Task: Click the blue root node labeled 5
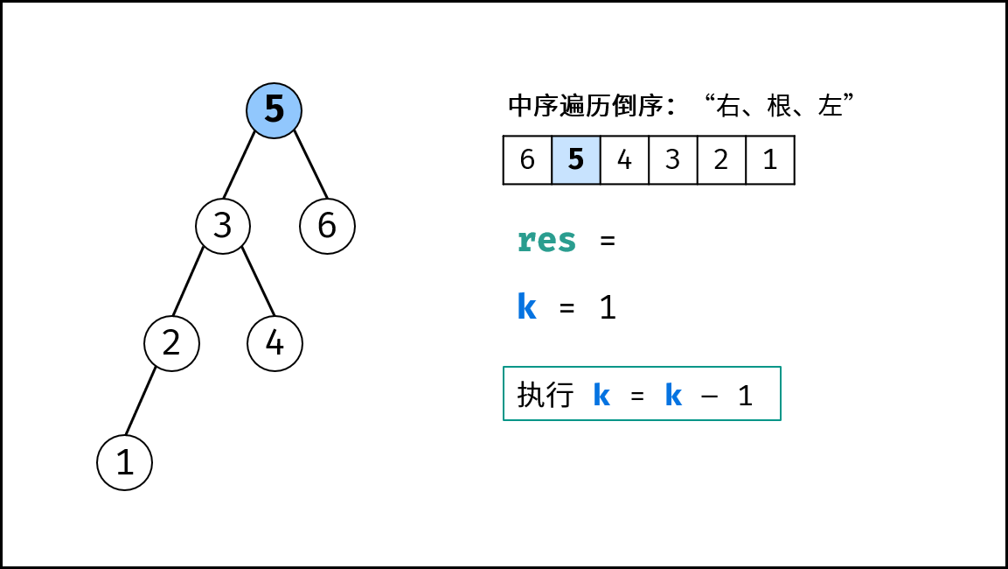point(274,110)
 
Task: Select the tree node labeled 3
point(222,226)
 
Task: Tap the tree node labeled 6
point(327,226)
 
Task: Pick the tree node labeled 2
point(171,344)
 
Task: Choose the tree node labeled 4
point(275,344)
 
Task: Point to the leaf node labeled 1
point(125,462)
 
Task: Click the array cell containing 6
point(527,159)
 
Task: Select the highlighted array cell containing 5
point(576,159)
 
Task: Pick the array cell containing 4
point(624,159)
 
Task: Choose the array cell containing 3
point(673,159)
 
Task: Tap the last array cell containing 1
point(770,159)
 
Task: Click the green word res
point(546,241)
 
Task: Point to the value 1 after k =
point(608,307)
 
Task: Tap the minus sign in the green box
point(709,395)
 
